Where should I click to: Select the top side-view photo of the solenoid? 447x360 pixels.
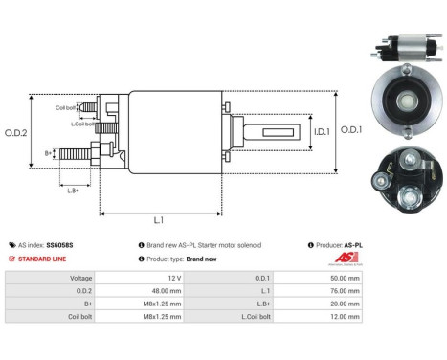click(400, 48)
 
